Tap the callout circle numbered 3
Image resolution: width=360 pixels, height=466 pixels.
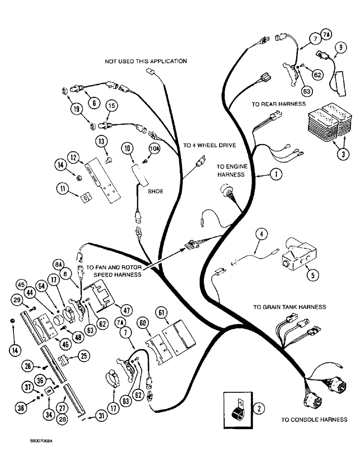point(342,154)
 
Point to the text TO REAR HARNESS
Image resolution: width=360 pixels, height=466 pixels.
point(279,104)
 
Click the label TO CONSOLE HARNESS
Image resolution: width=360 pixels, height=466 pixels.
point(314,419)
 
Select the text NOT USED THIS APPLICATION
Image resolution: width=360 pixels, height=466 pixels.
point(145,61)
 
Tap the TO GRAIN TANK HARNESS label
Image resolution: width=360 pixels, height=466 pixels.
point(289,307)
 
